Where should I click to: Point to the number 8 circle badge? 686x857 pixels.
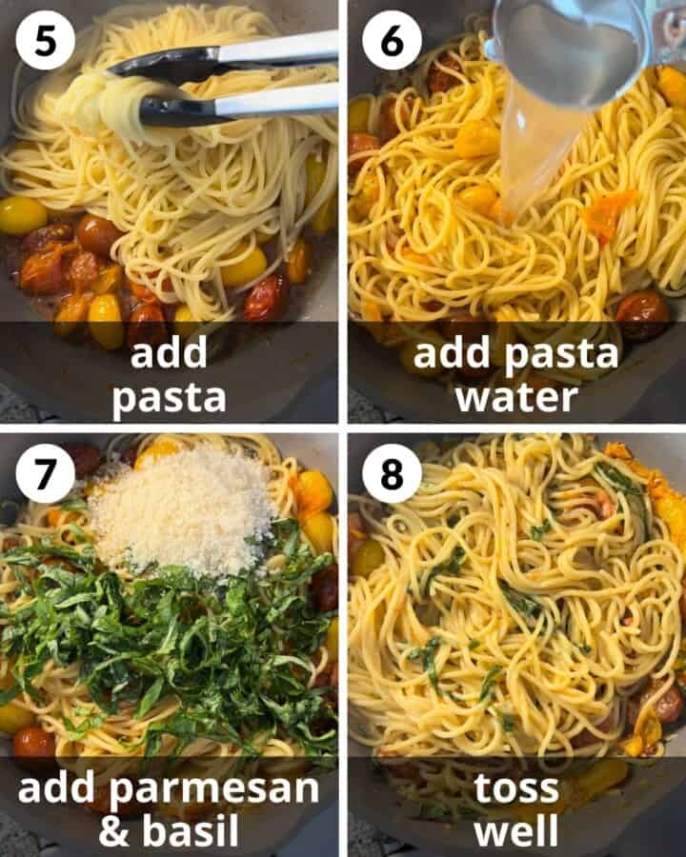pyautogui.click(x=392, y=473)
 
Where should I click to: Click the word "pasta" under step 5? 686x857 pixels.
pyautogui.click(x=170, y=398)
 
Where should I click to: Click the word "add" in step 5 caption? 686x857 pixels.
pyautogui.click(x=169, y=353)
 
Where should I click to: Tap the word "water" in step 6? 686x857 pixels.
pyautogui.click(x=516, y=398)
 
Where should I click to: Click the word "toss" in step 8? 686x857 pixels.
pyautogui.click(x=516, y=788)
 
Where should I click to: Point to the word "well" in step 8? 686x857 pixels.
pyautogui.click(x=516, y=830)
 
